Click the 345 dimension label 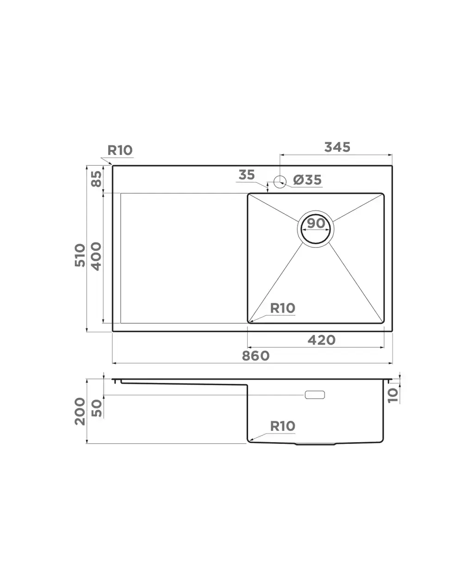coord(337,147)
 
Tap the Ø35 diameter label coord(307,180)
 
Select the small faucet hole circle coord(280,182)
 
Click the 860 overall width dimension coord(256,356)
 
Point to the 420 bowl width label coord(321,340)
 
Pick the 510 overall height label coord(80,255)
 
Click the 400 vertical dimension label coord(96,256)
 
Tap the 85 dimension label coord(96,179)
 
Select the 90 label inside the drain coord(316,223)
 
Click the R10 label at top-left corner coord(120,150)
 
